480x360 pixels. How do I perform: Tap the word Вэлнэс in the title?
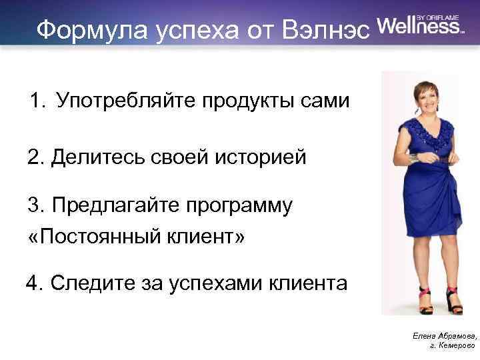click(x=327, y=29)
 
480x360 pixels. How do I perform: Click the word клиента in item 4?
click(x=306, y=283)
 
